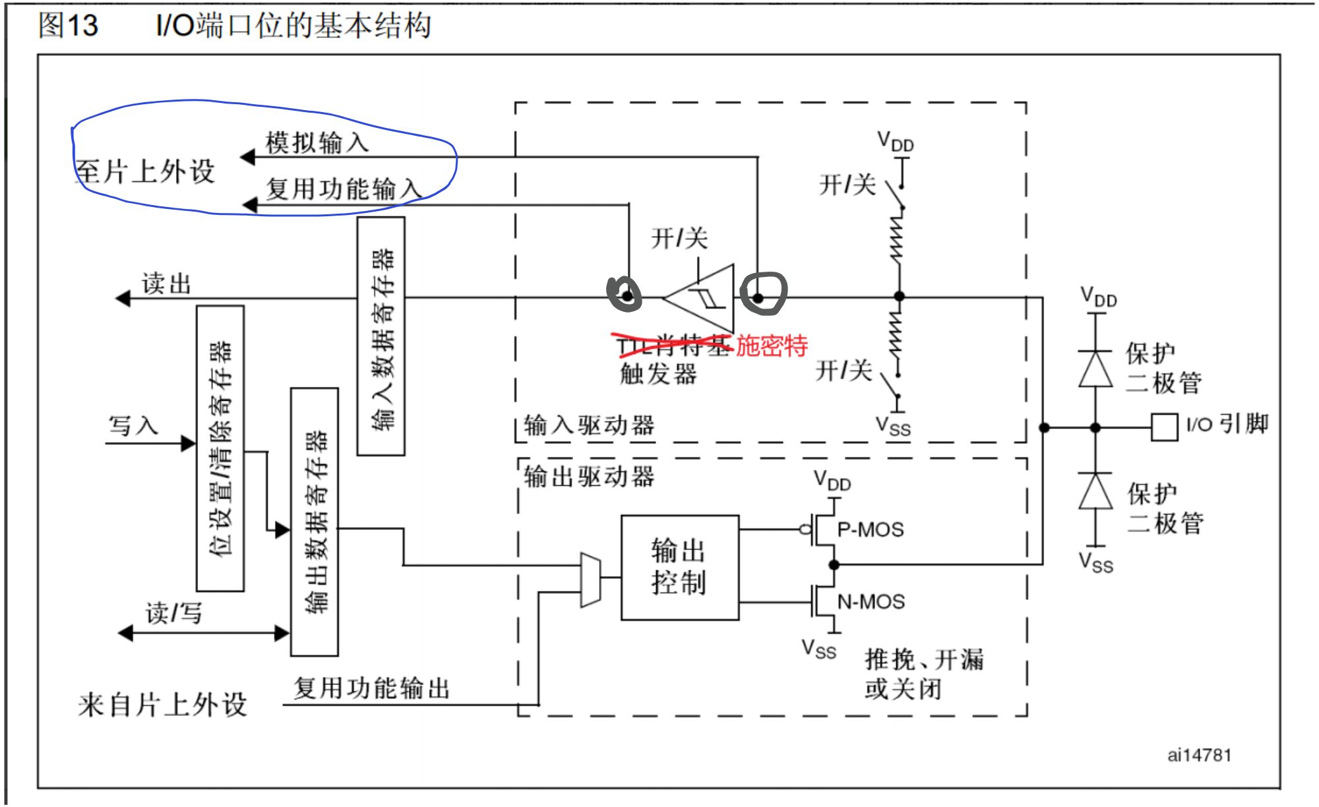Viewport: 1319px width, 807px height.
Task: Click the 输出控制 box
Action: coord(679,567)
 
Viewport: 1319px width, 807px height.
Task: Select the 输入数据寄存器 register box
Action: coord(381,336)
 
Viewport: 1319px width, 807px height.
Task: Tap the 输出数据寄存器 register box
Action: coord(315,522)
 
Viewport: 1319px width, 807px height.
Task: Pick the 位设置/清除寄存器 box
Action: coord(220,448)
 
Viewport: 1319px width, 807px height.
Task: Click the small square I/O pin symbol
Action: coord(1164,427)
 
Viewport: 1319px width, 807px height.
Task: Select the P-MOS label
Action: coord(870,529)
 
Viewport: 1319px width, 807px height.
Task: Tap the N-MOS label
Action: coord(871,601)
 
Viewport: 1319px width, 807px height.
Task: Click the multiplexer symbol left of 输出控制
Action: coord(590,580)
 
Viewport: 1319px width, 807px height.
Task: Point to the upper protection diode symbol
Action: coord(1095,369)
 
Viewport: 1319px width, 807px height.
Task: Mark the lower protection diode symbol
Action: coord(1095,491)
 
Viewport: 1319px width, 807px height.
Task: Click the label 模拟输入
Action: coord(317,142)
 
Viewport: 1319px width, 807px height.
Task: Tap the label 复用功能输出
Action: coord(371,688)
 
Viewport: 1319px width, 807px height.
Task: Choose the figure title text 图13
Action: coord(68,26)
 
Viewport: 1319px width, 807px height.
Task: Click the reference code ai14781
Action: coord(1198,755)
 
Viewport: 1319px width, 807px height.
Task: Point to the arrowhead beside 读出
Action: coord(123,299)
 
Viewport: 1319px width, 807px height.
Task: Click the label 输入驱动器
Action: coord(589,425)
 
